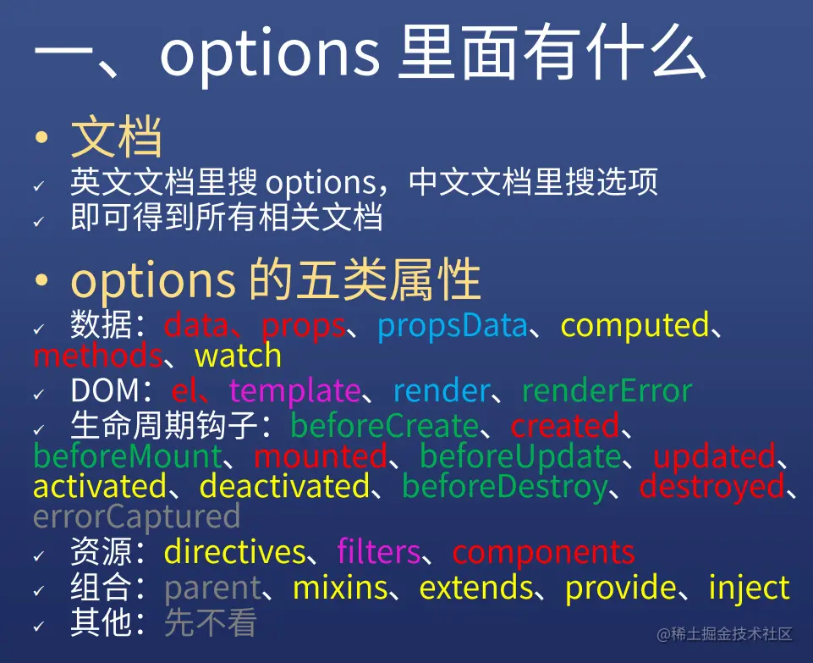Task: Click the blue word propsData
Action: (452, 327)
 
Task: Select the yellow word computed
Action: (634, 326)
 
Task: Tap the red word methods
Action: (97, 356)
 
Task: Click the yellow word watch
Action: (238, 356)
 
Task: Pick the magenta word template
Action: (294, 390)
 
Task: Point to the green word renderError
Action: (607, 390)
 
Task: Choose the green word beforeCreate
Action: (384, 425)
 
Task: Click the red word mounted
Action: (321, 457)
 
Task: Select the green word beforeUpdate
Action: (520, 457)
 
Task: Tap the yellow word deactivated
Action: (284, 487)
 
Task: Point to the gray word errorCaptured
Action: (136, 517)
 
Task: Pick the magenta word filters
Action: (378, 551)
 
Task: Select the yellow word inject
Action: (750, 588)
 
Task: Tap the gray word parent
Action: (212, 588)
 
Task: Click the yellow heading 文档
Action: (116, 137)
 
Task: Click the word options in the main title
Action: (270, 54)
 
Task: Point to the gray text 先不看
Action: (211, 622)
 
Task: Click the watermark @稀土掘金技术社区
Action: (724, 634)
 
